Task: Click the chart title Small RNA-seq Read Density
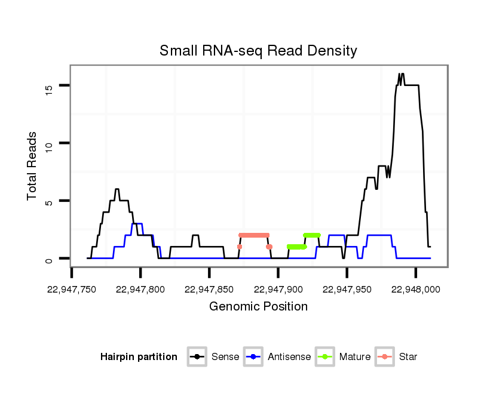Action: pyautogui.click(x=258, y=51)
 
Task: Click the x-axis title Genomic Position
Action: pyautogui.click(x=258, y=307)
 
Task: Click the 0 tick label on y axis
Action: pyautogui.click(x=49, y=259)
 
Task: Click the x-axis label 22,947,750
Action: pyautogui.click(x=72, y=290)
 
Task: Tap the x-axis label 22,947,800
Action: pyautogui.click(x=140, y=290)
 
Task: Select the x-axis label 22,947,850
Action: pyautogui.click(x=209, y=290)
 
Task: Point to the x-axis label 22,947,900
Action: pyautogui.click(x=278, y=290)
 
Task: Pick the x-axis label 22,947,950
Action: pyautogui.click(x=347, y=290)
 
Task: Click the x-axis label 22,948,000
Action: pyautogui.click(x=415, y=290)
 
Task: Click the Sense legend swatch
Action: pyautogui.click(x=197, y=357)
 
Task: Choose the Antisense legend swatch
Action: pyautogui.click(x=253, y=357)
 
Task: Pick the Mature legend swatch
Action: pyautogui.click(x=324, y=357)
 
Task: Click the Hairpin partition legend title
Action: pyautogui.click(x=139, y=357)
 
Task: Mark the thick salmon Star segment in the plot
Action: pyautogui.click(x=254, y=235)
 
